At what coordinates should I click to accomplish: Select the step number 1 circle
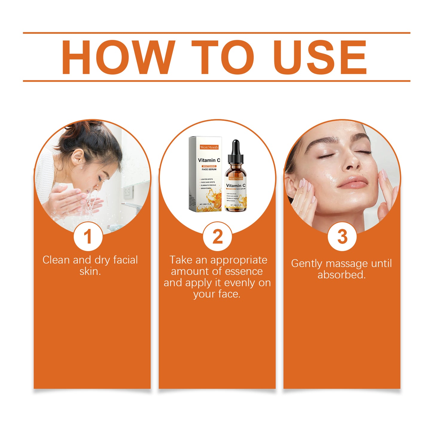[88, 236]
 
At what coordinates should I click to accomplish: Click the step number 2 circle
[217, 236]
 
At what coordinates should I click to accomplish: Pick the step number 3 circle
[342, 236]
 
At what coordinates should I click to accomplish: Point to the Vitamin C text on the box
[209, 160]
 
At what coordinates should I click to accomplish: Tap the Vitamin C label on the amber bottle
[236, 185]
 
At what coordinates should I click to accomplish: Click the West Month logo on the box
[209, 147]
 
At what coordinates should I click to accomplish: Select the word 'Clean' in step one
[56, 260]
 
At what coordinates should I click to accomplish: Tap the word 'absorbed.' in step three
[341, 275]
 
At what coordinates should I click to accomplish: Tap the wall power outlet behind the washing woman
[129, 191]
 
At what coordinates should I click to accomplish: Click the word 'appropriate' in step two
[239, 260]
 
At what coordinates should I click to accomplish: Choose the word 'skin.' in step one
[90, 271]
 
